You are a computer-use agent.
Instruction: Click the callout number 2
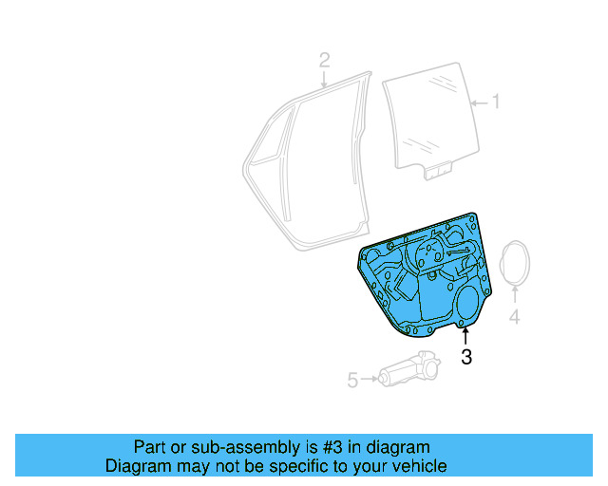(x=324, y=61)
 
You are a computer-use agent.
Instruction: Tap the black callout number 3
(x=465, y=357)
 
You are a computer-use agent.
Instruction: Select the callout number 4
(x=514, y=316)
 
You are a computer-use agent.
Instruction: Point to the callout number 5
(x=352, y=381)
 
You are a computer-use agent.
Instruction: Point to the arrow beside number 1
(x=479, y=102)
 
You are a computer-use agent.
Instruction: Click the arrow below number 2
(x=324, y=80)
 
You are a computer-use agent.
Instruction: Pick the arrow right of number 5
(x=369, y=381)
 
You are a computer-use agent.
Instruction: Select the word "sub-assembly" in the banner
(x=232, y=447)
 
